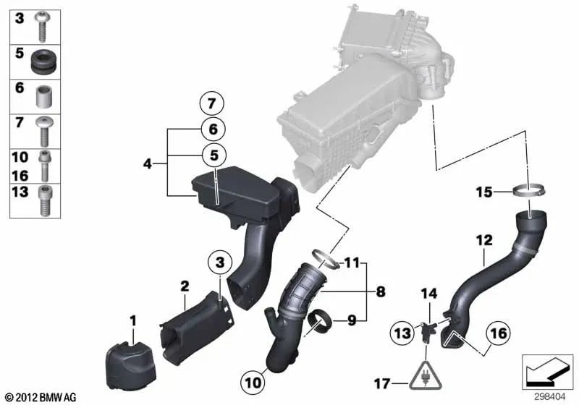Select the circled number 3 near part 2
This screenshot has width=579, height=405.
220,260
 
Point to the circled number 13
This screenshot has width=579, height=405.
402,333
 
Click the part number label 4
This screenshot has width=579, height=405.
147,163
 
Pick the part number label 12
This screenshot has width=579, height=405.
483,239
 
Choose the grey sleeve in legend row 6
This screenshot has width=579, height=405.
45,95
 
